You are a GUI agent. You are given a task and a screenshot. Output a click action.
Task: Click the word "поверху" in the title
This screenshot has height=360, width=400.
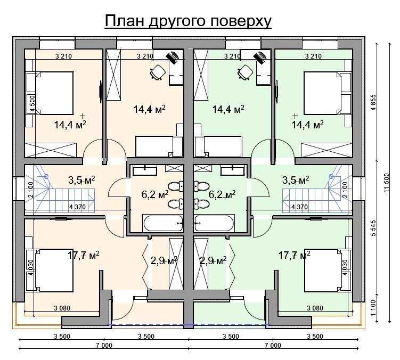241,21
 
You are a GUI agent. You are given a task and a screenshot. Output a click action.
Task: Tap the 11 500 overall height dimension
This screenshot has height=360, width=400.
387,182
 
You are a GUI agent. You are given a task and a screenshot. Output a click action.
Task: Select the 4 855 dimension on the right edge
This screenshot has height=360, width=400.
373,102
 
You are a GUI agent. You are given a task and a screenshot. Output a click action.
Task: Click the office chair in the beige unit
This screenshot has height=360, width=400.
157,72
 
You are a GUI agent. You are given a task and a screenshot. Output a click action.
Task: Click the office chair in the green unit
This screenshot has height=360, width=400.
244,72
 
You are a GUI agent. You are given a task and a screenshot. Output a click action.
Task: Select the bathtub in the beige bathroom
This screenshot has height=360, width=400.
164,223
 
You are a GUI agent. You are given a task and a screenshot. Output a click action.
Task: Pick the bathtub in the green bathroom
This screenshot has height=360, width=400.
214,223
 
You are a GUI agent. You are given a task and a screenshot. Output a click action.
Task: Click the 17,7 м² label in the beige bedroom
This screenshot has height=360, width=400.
84,255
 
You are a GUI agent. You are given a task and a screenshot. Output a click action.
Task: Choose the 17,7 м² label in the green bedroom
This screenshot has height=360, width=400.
294,255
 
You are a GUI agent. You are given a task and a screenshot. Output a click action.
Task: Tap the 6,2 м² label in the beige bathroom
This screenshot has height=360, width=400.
155,195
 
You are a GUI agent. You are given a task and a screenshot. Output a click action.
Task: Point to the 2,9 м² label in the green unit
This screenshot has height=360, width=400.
213,260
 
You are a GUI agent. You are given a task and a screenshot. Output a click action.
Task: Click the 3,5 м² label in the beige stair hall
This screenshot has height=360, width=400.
81,180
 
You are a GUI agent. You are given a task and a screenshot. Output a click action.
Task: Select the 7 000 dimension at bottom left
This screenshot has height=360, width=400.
104,346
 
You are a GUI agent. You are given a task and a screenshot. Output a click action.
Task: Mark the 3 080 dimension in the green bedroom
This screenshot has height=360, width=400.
315,308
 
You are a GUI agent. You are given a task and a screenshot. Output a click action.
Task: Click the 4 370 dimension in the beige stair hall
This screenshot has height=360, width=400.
78,207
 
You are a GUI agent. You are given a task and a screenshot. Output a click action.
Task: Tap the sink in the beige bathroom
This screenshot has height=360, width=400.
145,170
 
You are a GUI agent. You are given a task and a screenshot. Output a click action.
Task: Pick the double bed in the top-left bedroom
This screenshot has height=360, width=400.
50,93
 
